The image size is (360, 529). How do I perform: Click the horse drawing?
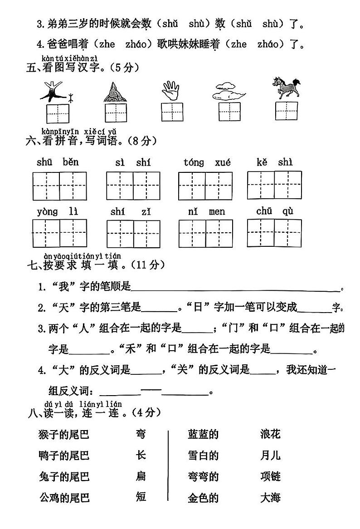coord(286,88)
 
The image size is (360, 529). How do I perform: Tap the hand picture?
coord(170,90)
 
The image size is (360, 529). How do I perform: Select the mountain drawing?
coord(114,92)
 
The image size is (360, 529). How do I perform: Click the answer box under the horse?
coord(287,111)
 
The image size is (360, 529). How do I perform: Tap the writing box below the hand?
coord(172,112)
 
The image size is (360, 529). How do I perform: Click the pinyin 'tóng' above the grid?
coord(194,162)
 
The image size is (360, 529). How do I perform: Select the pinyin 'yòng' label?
coord(47,212)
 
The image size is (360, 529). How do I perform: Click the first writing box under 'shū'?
coord(46,186)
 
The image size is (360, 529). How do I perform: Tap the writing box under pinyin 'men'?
coord(219,233)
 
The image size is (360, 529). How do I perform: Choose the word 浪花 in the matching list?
coord(271,434)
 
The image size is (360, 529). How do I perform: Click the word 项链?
coord(271,476)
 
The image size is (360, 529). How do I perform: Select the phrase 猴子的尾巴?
coord(64,435)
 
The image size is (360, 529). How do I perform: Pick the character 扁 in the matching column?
coord(141,476)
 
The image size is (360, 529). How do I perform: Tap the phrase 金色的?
coord(203,498)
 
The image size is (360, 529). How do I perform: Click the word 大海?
coord(271,498)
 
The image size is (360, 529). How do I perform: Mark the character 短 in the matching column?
coord(141,497)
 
